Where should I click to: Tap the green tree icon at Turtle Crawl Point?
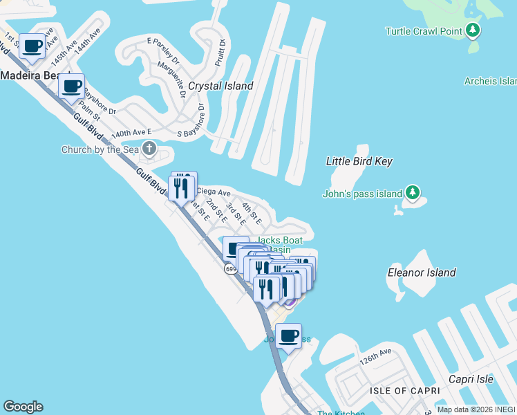tap(473, 30)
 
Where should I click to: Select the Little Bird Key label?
tap(359, 161)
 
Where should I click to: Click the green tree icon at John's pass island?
tap(413, 192)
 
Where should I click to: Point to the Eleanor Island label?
tap(421, 273)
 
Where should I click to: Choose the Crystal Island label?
tap(221, 86)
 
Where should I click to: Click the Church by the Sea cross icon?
tap(149, 148)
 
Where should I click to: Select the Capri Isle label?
tap(471, 379)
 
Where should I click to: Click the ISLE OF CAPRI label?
tap(404, 391)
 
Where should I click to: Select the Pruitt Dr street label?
tap(223, 52)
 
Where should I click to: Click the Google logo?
tap(23, 407)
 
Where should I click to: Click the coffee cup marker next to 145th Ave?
tap(32, 46)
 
